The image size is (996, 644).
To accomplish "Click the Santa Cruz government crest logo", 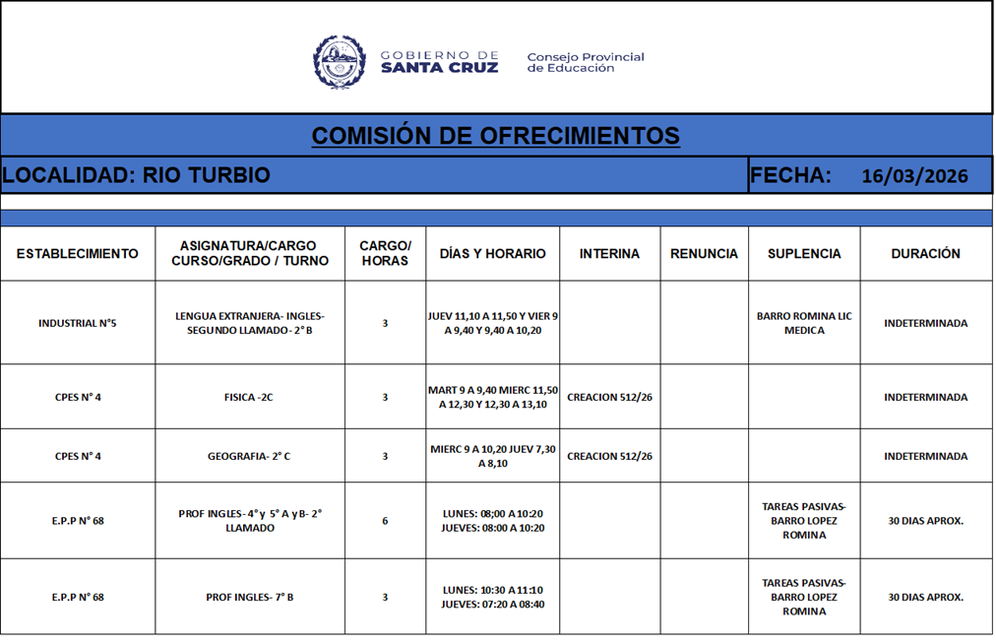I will (x=339, y=62).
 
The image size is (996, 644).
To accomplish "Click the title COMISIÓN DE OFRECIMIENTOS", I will (x=495, y=135).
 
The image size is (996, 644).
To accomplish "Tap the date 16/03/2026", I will (x=914, y=176).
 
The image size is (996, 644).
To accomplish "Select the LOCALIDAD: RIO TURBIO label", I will (x=136, y=175).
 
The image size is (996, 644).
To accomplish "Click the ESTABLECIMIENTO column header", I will (x=78, y=254).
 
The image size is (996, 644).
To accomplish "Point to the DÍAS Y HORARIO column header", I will (x=492, y=254).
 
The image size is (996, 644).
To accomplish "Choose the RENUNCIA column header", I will (x=704, y=254).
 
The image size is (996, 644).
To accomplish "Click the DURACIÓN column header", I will (x=925, y=254).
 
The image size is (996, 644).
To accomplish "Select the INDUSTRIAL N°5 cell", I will (x=78, y=323).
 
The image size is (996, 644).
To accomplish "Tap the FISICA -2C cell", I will (x=249, y=398).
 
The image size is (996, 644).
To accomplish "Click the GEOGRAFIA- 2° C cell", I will (x=249, y=456).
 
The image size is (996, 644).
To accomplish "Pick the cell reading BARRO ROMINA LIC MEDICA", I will (x=804, y=323).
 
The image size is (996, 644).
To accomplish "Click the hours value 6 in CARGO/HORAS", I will (x=385, y=521).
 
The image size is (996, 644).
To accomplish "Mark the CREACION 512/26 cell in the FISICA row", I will (x=609, y=398).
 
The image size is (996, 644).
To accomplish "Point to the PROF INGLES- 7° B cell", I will (x=249, y=597).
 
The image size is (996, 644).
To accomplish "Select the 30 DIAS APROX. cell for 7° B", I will (x=925, y=597).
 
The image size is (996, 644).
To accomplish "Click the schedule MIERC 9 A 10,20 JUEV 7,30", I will (x=492, y=456).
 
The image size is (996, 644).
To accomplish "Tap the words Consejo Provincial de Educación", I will (x=586, y=63).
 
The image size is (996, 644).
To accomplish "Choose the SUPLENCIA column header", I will (x=804, y=254).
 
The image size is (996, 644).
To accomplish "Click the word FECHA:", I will (x=790, y=175).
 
